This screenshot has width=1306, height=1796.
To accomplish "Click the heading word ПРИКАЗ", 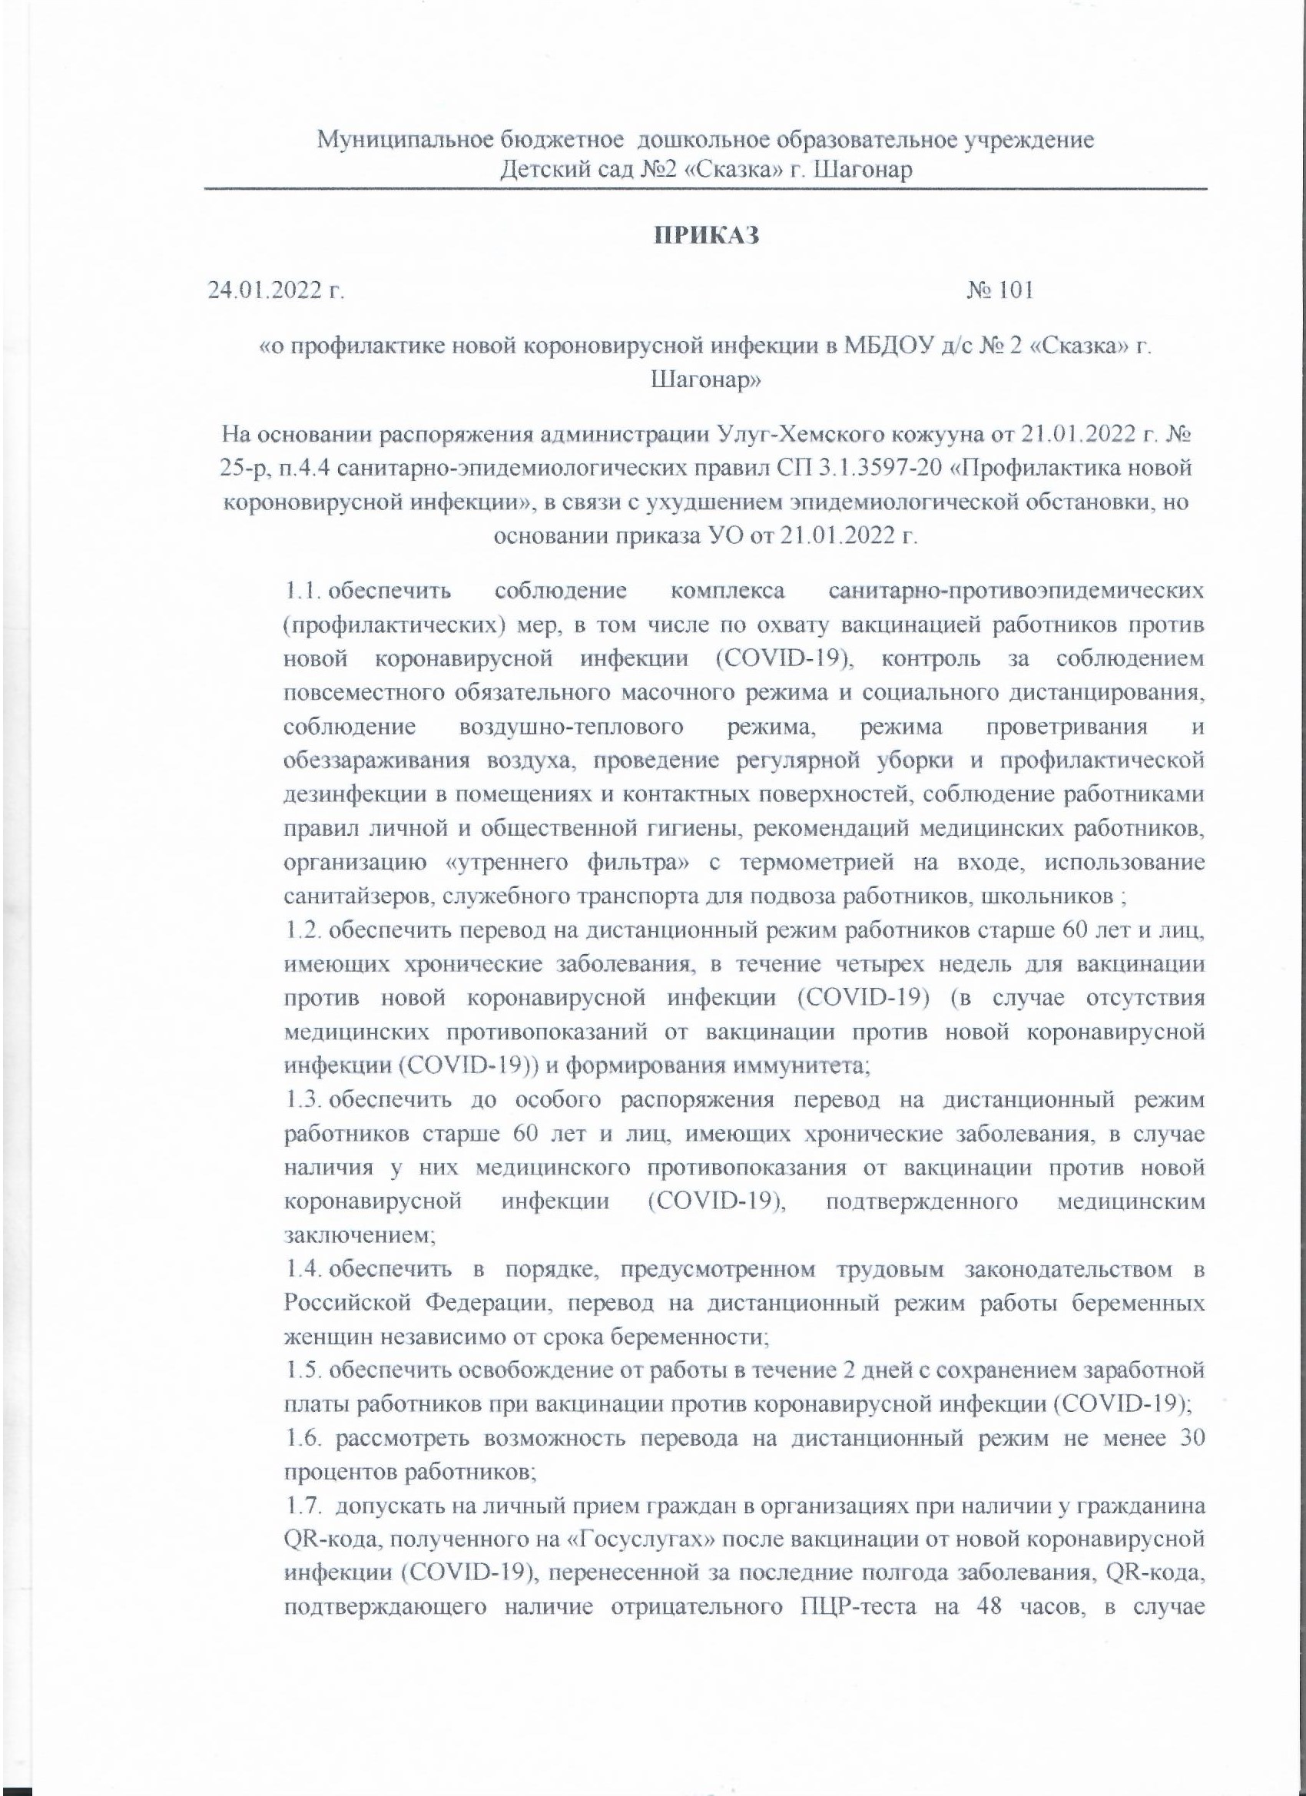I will pyautogui.click(x=706, y=235).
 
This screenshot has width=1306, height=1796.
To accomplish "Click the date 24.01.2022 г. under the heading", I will pyautogui.click(x=277, y=290).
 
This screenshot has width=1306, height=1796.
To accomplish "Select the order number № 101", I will pyautogui.click(x=999, y=290).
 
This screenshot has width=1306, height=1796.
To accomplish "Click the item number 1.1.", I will pyautogui.click(x=303, y=591).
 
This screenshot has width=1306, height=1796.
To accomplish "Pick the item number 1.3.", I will pyautogui.click(x=303, y=1100).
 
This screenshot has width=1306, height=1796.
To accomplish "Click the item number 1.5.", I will pyautogui.click(x=303, y=1370).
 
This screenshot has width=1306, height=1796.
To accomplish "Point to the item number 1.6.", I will pyautogui.click(x=303, y=1439).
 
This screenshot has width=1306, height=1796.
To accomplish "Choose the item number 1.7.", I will pyautogui.click(x=303, y=1507).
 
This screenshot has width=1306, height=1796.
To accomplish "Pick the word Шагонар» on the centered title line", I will pyautogui.click(x=706, y=380).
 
